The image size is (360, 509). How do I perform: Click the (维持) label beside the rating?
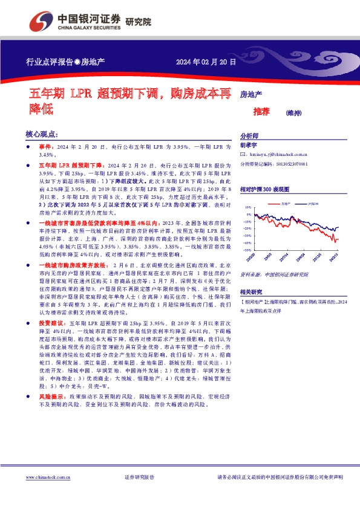coord(293,112)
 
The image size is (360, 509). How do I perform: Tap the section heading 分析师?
coord(249,137)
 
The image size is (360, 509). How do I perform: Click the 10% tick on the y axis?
coord(248,207)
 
